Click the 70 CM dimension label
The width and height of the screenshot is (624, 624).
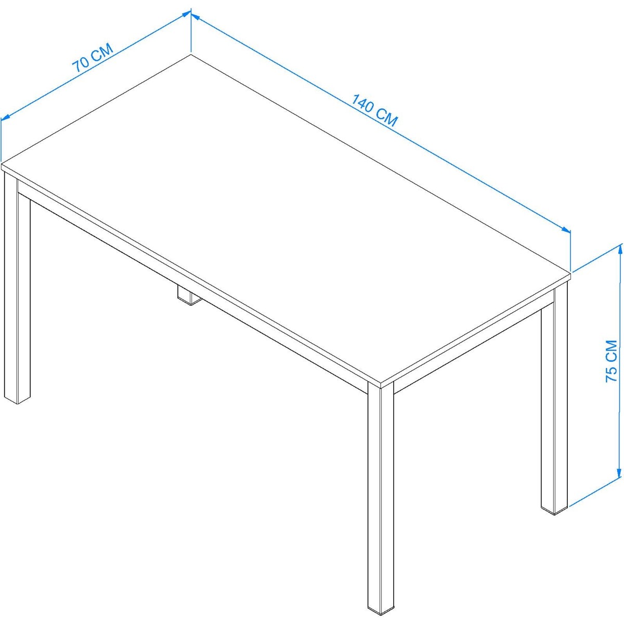[x=93, y=58]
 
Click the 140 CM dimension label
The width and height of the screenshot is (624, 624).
[x=374, y=110]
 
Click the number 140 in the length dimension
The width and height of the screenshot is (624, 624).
[x=363, y=103]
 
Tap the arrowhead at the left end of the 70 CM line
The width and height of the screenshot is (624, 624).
[x=6, y=118]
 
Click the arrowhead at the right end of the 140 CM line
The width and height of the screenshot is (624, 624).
[x=565, y=229]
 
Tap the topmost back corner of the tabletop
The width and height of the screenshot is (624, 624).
[x=190, y=55]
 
